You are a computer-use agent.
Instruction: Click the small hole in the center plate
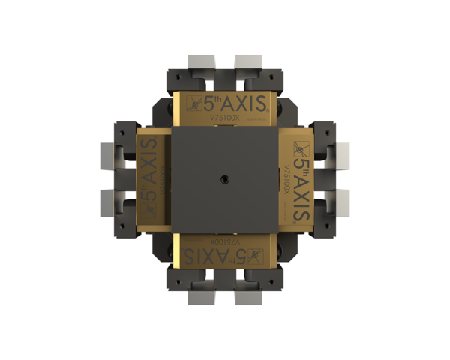224,179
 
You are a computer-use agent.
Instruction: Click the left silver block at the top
201,61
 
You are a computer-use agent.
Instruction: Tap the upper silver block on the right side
343,156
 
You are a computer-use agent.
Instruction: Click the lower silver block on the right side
343,203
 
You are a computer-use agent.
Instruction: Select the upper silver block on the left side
106,156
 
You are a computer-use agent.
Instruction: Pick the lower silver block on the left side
106,203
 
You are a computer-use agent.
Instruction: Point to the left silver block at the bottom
201,298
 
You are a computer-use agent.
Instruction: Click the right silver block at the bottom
248,298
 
